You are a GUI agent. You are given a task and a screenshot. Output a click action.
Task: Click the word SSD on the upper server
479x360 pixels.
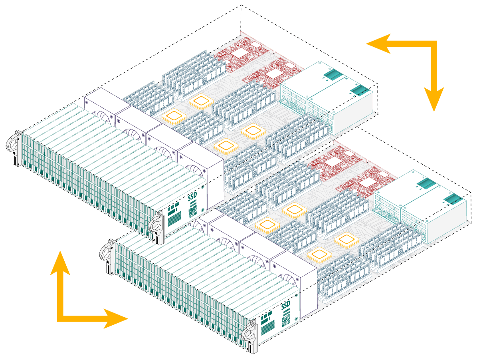point(192,198)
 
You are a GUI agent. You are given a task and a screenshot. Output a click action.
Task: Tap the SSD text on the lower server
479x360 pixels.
point(286,306)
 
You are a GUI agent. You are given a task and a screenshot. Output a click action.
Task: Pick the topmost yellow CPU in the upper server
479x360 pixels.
point(200,101)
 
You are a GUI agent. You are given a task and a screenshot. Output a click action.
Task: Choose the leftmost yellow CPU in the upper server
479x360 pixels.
point(174,116)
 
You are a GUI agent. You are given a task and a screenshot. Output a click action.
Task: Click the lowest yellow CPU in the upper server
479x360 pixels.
point(226,146)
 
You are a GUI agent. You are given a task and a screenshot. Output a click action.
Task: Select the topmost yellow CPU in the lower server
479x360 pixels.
point(294,210)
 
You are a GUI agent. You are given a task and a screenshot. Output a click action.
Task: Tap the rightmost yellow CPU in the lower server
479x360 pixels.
point(346,239)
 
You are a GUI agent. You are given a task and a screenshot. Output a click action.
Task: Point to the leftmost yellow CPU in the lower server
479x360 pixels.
point(267,225)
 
